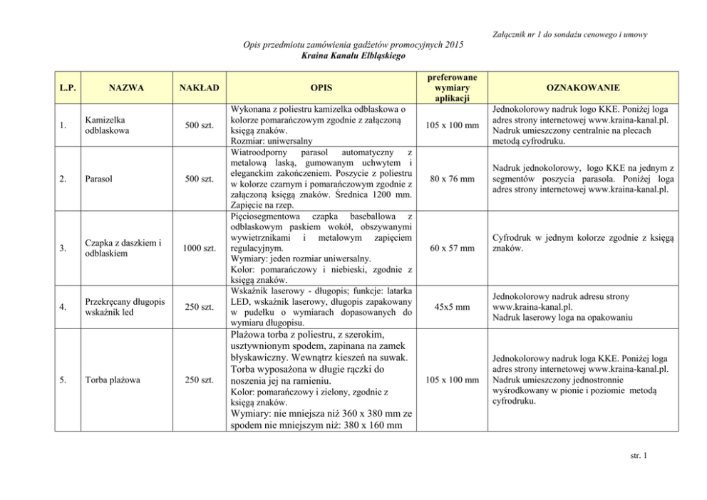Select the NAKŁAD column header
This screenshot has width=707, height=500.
(x=198, y=88)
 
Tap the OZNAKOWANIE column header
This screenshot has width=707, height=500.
(x=582, y=88)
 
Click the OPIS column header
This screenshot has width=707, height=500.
(x=321, y=88)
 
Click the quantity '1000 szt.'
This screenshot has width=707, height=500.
(x=200, y=248)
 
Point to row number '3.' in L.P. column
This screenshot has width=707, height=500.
(x=64, y=248)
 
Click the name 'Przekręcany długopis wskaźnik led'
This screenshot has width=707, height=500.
(x=124, y=307)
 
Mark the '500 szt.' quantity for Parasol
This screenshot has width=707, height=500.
(x=200, y=178)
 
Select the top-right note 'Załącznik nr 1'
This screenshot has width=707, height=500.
(x=522, y=34)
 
